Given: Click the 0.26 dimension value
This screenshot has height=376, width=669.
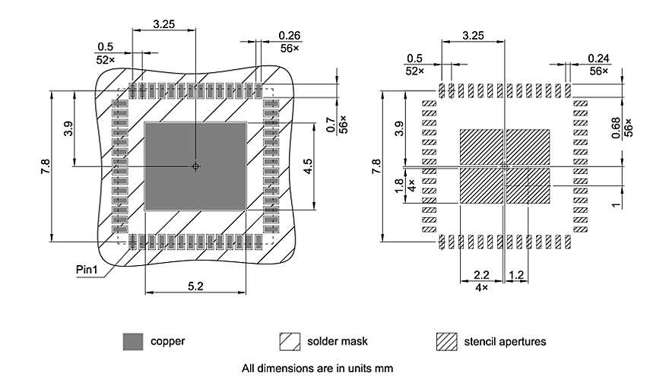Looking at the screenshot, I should [290, 35].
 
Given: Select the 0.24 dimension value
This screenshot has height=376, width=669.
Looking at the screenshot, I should [598, 58].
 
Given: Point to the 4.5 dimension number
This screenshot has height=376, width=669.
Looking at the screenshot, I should [307, 166].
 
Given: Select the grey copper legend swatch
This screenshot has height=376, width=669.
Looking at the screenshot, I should [132, 342].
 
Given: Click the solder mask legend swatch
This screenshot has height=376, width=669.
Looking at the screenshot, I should [290, 342].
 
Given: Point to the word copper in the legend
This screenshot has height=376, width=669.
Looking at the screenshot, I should [168, 342].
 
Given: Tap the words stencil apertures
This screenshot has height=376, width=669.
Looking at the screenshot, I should [505, 342].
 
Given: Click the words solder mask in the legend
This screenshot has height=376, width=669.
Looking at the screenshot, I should [338, 342].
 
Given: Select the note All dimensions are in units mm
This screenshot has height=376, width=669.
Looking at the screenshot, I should [317, 368].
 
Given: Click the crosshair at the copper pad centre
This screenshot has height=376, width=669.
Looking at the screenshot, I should [195, 166].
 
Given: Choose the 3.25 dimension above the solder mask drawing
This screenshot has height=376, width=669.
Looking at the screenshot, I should [164, 24].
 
